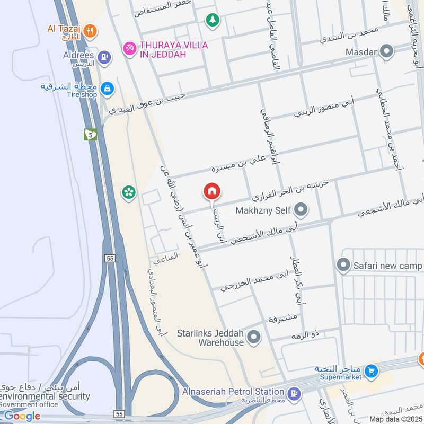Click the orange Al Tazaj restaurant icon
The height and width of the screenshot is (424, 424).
90,31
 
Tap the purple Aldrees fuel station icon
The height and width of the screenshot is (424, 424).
105,57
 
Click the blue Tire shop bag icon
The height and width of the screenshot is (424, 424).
107,89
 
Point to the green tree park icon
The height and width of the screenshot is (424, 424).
212,20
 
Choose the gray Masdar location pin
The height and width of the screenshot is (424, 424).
387,51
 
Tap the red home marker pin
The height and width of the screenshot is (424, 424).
212,191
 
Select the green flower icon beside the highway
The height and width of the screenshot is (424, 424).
128,192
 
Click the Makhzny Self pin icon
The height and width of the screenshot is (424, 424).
301,210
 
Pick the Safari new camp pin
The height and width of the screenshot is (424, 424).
343,264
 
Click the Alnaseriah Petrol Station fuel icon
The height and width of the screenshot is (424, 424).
294,393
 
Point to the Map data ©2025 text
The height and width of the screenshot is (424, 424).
396,419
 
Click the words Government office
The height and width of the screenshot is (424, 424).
30,404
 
